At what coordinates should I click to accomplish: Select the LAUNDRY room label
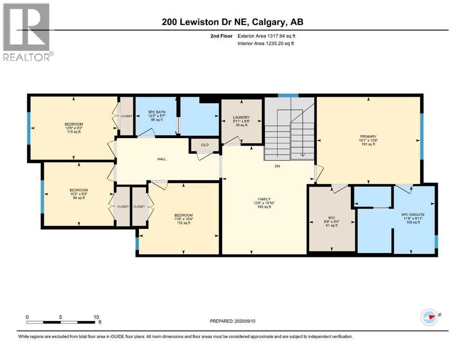pos(242,117)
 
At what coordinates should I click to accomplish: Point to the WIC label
pos(331,217)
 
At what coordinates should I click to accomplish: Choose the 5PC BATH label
pos(155,112)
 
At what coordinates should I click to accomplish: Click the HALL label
pos(162,159)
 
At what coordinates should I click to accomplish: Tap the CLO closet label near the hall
pos(205,145)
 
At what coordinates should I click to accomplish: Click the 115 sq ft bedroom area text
pos(73,132)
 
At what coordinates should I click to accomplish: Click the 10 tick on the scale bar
pos(96,317)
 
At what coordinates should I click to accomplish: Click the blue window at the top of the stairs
pos(285,96)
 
